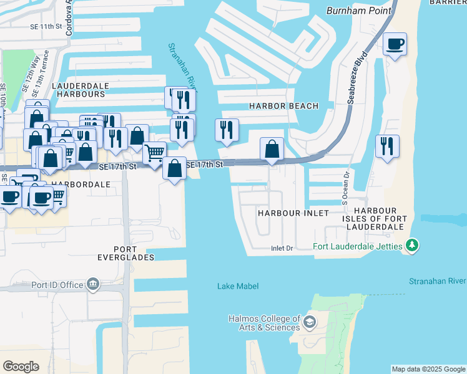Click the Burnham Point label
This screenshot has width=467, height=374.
pos(359,11)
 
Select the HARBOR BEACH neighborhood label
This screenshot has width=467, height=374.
pos(283,106)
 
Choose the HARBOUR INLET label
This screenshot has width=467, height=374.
pos(293,213)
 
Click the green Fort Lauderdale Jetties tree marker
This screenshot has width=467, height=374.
pos(411,246)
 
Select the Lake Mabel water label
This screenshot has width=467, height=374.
pos(237,286)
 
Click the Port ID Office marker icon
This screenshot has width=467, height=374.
pos(93,284)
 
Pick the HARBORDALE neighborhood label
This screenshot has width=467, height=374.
pos(81,185)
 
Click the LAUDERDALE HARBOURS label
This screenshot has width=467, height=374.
pos(79,89)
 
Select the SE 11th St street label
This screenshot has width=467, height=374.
pos(49,27)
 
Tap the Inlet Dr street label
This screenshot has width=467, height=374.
pos(282,248)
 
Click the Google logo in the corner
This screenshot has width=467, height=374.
pos(21,367)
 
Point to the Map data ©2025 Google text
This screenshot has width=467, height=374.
pos(428,369)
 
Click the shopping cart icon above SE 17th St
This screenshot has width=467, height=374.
pos(154,152)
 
